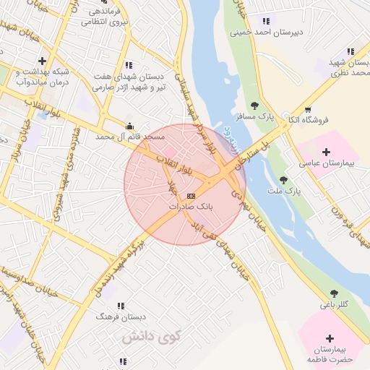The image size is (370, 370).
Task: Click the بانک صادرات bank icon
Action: point(191,196)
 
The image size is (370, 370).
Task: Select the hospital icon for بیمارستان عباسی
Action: point(326,152)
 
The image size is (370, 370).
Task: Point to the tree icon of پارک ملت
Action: point(283,179)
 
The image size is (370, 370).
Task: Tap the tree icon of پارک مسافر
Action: point(254,106)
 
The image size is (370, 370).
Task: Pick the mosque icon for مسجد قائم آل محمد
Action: point(129,125)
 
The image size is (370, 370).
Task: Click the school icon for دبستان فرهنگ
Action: point(120,306)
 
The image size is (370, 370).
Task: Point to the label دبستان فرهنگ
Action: point(122,317)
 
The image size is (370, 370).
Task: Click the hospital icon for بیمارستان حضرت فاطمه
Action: point(330,337)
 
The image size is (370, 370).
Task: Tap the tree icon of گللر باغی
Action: point(333,293)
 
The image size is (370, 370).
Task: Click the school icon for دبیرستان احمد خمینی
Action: point(266,21)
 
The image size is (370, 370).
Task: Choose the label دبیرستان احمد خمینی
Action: point(267,33)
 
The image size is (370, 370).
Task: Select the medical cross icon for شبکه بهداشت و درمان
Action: point(43,61)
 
